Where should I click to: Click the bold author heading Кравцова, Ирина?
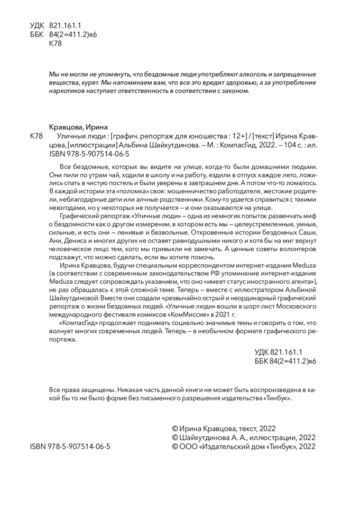coord(78,127)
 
